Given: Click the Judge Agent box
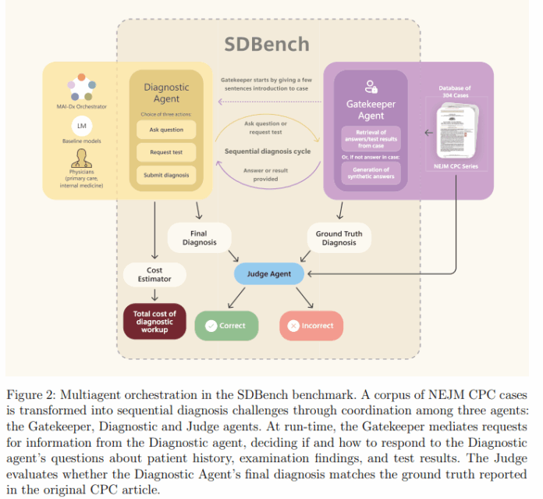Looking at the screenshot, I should [268, 274].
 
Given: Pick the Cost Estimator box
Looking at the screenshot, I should [154, 274].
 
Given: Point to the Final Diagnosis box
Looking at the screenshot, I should [198, 237].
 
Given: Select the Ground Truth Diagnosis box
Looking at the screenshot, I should [339, 237].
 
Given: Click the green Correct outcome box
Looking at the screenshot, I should [225, 325].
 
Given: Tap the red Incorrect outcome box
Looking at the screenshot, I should [311, 325].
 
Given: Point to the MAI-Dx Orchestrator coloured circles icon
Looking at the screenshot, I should [81, 86].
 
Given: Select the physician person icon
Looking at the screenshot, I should [81, 160].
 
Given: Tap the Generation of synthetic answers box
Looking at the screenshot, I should [371, 173].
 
